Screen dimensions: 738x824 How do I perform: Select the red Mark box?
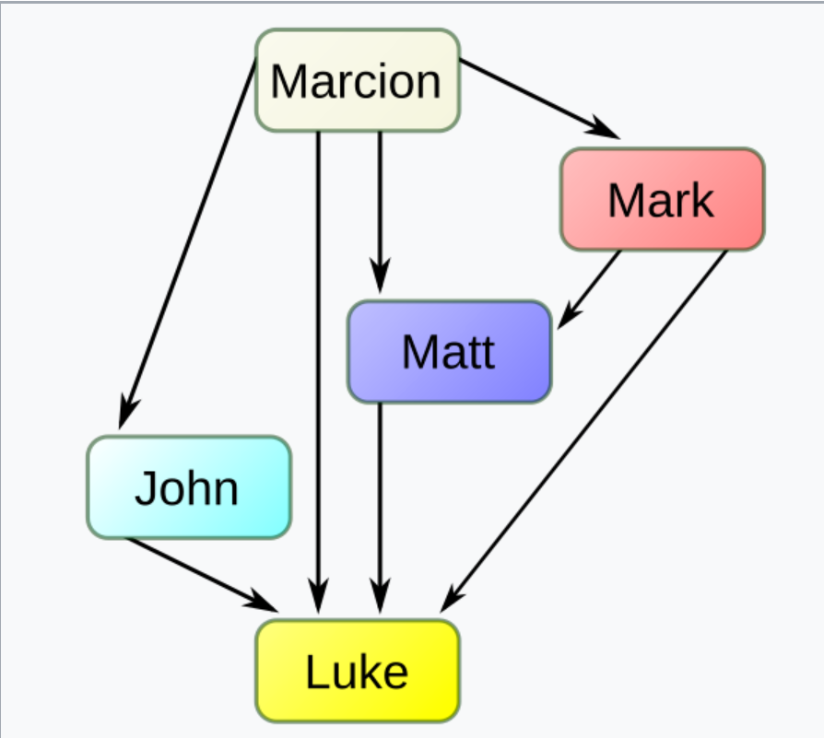[662, 199]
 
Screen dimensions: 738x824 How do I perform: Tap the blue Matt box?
[449, 351]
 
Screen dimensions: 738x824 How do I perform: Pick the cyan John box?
[189, 487]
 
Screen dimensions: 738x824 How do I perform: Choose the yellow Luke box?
[357, 671]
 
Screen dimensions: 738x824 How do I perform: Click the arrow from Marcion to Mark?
[535, 97]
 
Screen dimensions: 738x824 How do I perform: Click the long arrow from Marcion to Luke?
[318, 369]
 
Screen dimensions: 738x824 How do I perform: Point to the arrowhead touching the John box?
[126, 413]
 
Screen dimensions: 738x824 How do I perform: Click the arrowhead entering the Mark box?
[604, 129]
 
